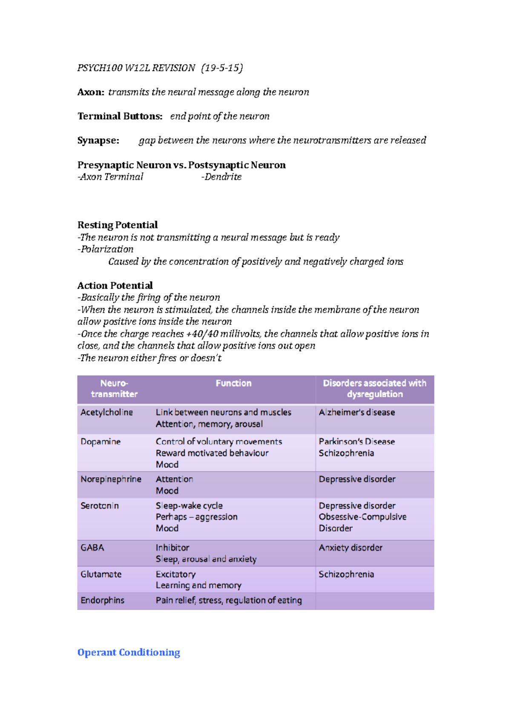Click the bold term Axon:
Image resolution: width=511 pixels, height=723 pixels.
pyautogui.click(x=91, y=92)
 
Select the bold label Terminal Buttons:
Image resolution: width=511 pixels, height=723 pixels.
pyautogui.click(x=120, y=116)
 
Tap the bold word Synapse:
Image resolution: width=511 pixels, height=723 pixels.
pyautogui.click(x=98, y=141)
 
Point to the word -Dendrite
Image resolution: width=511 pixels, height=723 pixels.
pyautogui.click(x=221, y=177)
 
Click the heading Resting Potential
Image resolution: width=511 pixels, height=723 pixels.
pyautogui.click(x=118, y=225)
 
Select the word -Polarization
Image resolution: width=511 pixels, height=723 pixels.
pyautogui.click(x=106, y=249)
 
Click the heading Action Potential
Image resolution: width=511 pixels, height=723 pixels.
pyautogui.click(x=115, y=285)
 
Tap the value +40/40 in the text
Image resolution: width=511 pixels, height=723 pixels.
pyautogui.click(x=202, y=334)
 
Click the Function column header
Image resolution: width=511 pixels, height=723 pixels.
pyautogui.click(x=233, y=383)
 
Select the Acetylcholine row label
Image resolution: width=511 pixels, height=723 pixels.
pyautogui.click(x=106, y=412)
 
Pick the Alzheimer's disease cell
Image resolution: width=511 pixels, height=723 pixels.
pyautogui.click(x=357, y=412)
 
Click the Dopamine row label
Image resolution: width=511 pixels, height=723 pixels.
pyautogui.click(x=100, y=442)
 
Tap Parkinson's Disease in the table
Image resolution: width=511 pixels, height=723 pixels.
pyautogui.click(x=357, y=442)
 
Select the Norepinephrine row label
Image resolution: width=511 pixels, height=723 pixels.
pyautogui.click(x=111, y=479)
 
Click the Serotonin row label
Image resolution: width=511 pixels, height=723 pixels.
pyautogui.click(x=100, y=505)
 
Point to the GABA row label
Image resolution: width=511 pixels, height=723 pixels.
pyautogui.click(x=92, y=548)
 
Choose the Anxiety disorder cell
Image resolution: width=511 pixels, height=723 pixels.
pyautogui.click(x=350, y=548)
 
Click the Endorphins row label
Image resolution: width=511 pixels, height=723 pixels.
pyautogui.click(x=103, y=600)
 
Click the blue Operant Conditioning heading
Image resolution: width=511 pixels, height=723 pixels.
pyautogui.click(x=129, y=652)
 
